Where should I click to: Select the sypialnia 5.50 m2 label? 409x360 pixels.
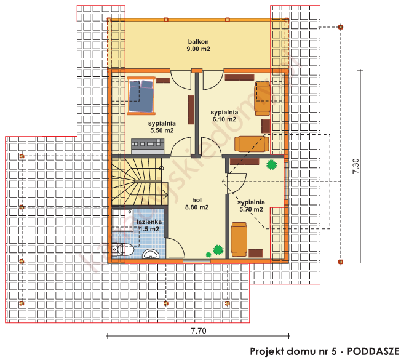tap(161, 126)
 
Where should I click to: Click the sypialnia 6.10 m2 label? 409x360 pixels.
tap(224, 116)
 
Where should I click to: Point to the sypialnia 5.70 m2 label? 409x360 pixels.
tap(251, 206)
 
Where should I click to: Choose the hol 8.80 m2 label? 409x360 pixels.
tap(196, 204)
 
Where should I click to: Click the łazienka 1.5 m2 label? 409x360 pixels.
tap(149, 225)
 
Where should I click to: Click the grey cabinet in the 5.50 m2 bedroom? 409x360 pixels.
tap(148, 145)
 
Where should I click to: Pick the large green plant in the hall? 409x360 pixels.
tap(216, 250)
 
